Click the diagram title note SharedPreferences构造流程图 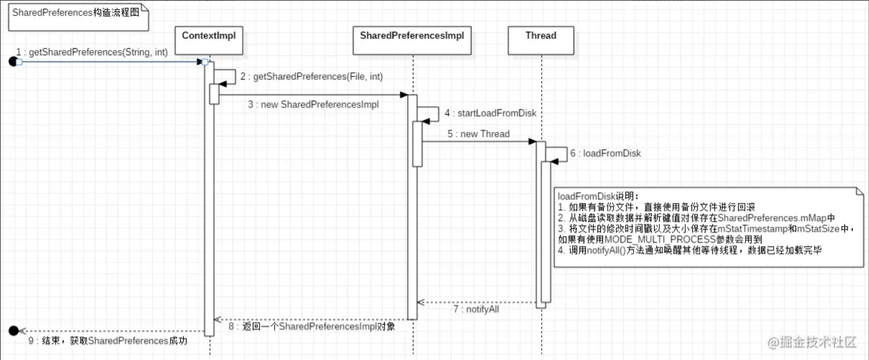(x=76, y=13)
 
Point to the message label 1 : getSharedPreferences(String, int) (x=92, y=52)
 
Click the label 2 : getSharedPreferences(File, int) (x=311, y=76)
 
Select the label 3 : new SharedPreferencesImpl (x=314, y=104)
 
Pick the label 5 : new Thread (x=479, y=134)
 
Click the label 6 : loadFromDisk (x=605, y=153)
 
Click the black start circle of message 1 (x=13, y=62)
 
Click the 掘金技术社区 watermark (x=812, y=343)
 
